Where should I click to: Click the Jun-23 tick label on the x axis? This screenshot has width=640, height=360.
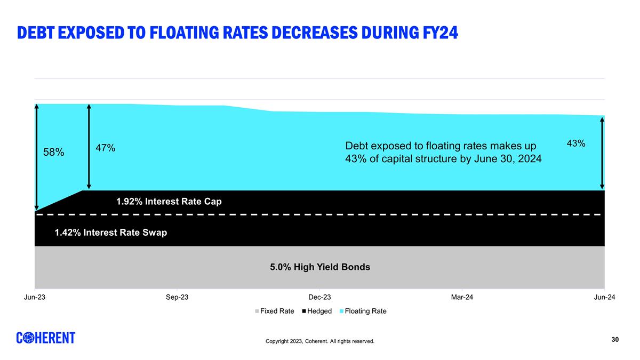point(35,297)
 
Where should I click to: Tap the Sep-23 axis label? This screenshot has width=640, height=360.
point(177,297)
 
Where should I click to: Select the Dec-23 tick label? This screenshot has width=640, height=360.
point(319,297)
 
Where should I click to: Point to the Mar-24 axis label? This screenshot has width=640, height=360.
point(462,297)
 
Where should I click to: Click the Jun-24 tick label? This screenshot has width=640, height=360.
point(604,297)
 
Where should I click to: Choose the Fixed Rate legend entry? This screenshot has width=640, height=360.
point(275,311)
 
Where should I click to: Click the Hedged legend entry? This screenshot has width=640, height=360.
point(317,311)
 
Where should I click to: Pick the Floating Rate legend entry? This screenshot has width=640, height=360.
point(363,311)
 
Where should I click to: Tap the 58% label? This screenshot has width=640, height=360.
point(54,153)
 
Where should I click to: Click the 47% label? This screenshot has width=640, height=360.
point(106,148)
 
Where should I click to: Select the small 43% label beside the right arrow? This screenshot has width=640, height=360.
point(575,143)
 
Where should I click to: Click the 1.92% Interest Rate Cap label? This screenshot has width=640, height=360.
point(169,202)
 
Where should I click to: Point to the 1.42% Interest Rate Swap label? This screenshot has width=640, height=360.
point(111,233)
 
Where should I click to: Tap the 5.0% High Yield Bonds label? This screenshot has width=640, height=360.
point(320,267)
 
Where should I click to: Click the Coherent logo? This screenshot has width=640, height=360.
point(46,338)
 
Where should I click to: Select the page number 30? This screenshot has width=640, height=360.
point(615,340)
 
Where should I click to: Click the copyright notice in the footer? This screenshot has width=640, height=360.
point(320,341)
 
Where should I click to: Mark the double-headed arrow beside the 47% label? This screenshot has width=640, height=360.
point(89,147)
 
